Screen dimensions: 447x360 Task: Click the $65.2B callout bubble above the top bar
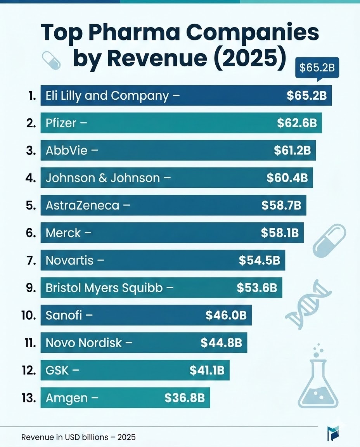pos(317,68)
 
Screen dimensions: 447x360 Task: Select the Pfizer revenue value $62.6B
pos(297,123)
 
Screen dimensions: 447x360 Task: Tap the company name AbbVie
pos(66,151)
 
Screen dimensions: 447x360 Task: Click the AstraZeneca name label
pos(82,205)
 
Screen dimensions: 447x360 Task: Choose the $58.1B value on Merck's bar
pos(280,233)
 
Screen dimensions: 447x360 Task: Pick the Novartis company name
pos(69,260)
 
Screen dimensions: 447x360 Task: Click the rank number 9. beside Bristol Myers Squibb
pos(31,288)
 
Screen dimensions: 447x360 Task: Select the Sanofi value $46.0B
pos(226,315)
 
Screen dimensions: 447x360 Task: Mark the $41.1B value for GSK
pos(207,370)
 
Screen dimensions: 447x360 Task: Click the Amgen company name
pos(66,398)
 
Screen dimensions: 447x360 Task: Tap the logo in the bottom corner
pos(332,433)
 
